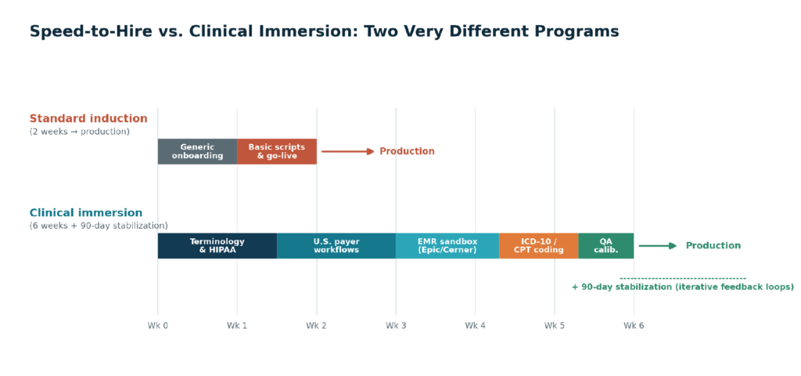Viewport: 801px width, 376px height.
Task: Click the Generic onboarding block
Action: (x=197, y=151)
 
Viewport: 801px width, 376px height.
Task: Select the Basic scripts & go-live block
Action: (x=277, y=151)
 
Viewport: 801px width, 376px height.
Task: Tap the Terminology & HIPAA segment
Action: (x=217, y=245)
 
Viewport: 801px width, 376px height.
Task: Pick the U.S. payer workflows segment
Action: (x=336, y=245)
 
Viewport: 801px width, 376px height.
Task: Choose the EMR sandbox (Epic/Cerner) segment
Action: (x=447, y=245)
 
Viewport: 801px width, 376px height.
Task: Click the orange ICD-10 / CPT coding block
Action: (x=539, y=245)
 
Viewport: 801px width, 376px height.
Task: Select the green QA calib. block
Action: (x=606, y=245)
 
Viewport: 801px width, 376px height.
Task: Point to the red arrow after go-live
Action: (x=348, y=151)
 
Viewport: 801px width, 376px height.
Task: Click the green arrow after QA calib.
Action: (x=658, y=245)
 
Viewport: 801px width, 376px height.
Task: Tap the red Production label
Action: (x=407, y=151)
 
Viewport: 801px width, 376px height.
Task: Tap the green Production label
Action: (x=713, y=245)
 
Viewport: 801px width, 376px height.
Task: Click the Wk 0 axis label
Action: (x=158, y=325)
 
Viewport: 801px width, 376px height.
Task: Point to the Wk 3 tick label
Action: (x=396, y=325)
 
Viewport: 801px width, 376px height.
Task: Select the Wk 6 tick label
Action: (x=634, y=325)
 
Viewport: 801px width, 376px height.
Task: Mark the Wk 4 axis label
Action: (x=475, y=325)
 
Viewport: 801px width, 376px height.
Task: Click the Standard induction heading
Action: (x=88, y=119)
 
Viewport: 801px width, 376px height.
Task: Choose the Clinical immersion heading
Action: (x=86, y=213)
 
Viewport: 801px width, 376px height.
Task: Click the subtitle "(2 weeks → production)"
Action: (x=80, y=132)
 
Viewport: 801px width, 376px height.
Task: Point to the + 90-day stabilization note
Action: (x=683, y=287)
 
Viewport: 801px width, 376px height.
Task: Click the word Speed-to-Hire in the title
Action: (x=91, y=31)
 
